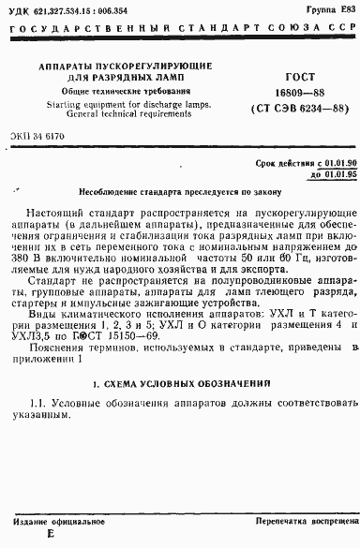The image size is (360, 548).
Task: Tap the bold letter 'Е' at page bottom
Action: coord(51,535)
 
